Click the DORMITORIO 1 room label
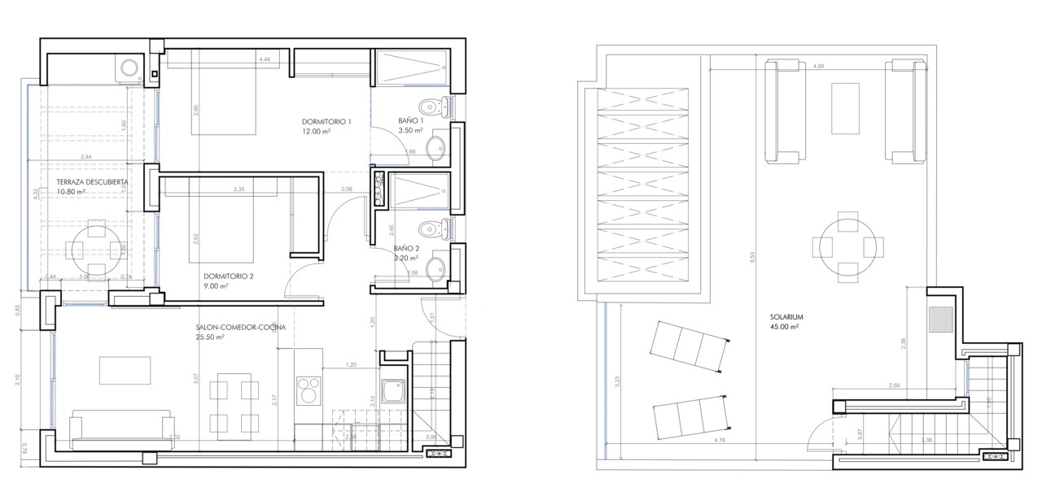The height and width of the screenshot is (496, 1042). click(326, 122)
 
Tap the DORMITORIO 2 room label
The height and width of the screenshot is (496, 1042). click(229, 276)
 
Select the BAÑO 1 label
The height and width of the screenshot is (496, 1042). click(411, 120)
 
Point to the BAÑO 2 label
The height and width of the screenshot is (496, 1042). click(406, 249)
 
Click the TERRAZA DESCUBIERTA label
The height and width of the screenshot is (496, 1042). click(92, 182)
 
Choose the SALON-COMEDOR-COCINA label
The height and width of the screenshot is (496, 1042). click(240, 328)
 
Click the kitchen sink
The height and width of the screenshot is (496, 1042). click(394, 392)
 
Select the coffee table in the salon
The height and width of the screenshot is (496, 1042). click(125, 370)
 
